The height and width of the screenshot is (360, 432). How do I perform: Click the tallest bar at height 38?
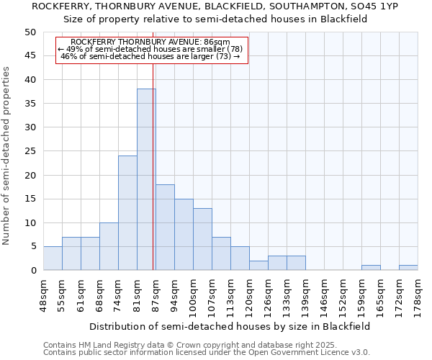coord(146,179)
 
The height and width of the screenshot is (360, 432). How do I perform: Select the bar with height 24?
coord(127,212)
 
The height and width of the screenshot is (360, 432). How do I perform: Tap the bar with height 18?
coord(165,227)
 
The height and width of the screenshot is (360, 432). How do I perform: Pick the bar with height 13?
coord(202,239)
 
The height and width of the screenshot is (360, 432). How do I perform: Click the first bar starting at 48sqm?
coord(53,258)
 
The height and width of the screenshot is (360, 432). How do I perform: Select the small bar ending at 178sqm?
coord(408,268)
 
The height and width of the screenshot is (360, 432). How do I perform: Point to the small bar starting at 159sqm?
coord(371,268)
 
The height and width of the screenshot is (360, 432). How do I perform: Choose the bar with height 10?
coord(109,246)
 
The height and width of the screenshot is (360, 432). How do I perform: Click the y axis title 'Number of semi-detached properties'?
coord(7,156)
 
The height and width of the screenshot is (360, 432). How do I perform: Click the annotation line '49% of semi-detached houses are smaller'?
coord(150,49)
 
